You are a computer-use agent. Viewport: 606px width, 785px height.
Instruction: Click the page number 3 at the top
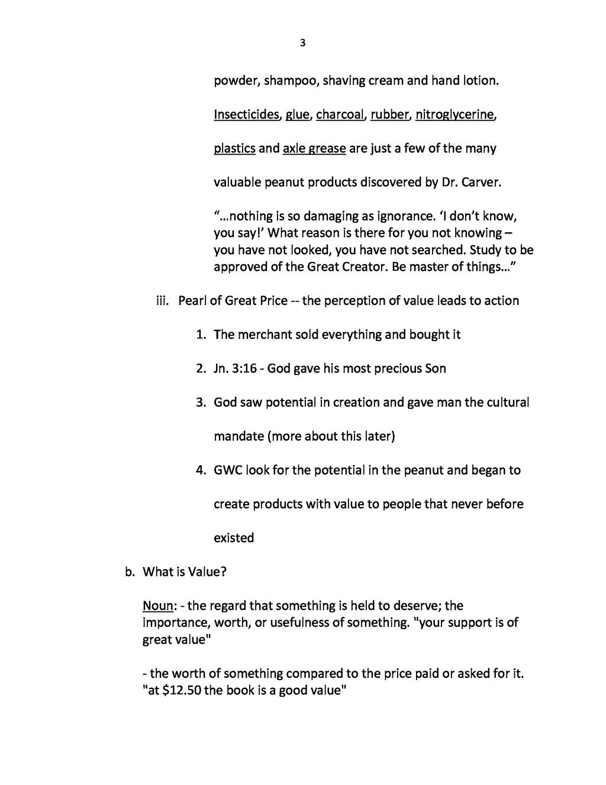[x=303, y=43]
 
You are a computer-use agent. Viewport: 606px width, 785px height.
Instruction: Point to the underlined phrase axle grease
[x=314, y=148]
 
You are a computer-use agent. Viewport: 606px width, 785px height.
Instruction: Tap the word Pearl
[x=192, y=301]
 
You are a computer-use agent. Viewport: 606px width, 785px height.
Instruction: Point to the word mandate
[x=238, y=437]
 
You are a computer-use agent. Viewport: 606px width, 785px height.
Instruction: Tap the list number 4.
[x=201, y=470]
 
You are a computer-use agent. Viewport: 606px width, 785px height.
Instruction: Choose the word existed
[x=234, y=538]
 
